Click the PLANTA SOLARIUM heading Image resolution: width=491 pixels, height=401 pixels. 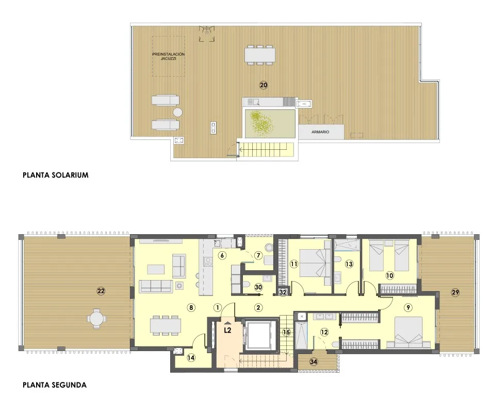[x=56, y=175]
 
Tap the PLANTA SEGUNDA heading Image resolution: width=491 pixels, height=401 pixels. [x=55, y=385]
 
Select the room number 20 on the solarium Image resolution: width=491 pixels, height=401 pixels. [x=264, y=85]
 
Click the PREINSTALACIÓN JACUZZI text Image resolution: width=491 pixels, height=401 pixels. [x=168, y=56]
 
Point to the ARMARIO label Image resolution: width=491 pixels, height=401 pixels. [x=320, y=132]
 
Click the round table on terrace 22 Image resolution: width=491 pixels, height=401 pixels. [x=95, y=318]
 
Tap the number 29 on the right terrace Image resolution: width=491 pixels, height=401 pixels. [x=455, y=292]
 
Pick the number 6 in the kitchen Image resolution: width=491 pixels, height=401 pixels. [x=221, y=255]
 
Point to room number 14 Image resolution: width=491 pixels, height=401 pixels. [x=191, y=357]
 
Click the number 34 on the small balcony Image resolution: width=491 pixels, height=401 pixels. [x=313, y=361]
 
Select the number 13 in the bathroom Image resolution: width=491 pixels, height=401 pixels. [x=349, y=264]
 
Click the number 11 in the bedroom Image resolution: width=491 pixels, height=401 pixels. [x=294, y=264]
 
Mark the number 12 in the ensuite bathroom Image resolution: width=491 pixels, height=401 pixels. [x=324, y=332]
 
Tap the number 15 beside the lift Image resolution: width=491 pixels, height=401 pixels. [x=287, y=332]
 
